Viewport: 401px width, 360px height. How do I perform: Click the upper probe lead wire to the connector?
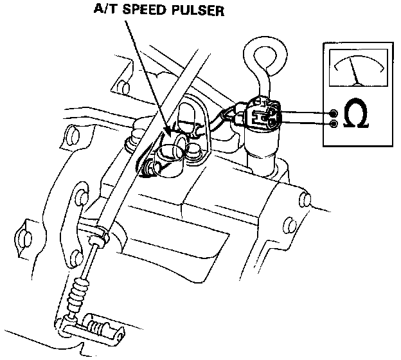pyautogui.click(x=302, y=112)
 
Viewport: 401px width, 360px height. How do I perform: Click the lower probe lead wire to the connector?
pyautogui.click(x=302, y=122)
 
